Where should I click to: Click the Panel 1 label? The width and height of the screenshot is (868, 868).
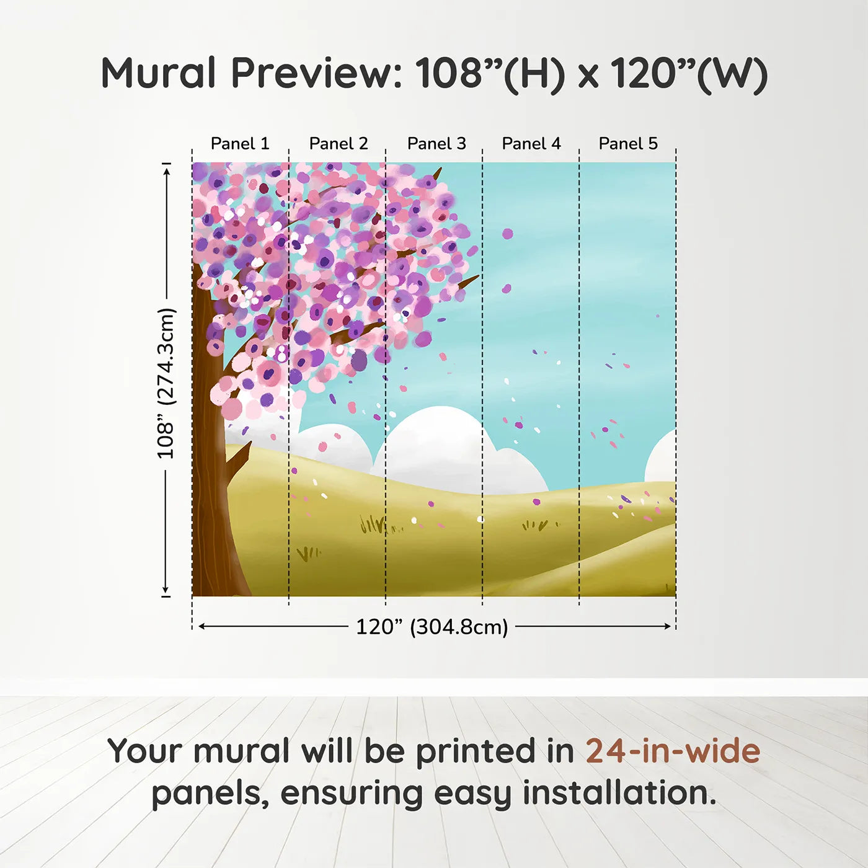pos(240,144)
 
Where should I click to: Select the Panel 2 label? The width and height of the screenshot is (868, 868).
pos(339,144)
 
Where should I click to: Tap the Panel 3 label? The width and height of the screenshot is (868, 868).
pos(436,144)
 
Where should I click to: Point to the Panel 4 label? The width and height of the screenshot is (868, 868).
pos(531,144)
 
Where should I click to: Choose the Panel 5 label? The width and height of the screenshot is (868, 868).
pos(628,144)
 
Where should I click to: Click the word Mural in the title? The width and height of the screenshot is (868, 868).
pos(158,73)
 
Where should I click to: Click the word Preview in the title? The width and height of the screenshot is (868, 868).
pos(316,73)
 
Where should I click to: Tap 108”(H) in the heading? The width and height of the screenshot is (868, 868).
pos(490,73)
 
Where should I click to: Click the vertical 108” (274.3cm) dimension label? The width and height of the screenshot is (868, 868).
pos(166,383)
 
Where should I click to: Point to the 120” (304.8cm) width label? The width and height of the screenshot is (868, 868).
pos(432,627)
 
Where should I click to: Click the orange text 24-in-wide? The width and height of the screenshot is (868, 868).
pos(673,751)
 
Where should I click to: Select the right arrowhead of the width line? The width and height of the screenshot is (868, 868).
pos(668,626)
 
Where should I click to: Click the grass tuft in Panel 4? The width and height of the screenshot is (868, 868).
pos(534,526)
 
